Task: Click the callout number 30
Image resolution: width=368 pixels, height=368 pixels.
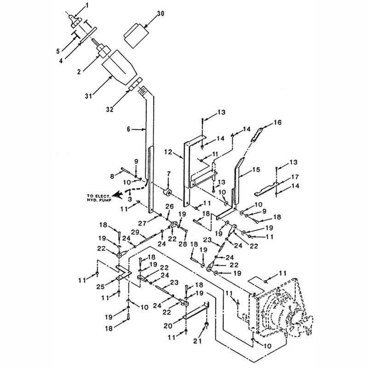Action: click(x=161, y=14)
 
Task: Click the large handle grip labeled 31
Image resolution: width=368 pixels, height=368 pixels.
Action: click(x=118, y=68)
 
